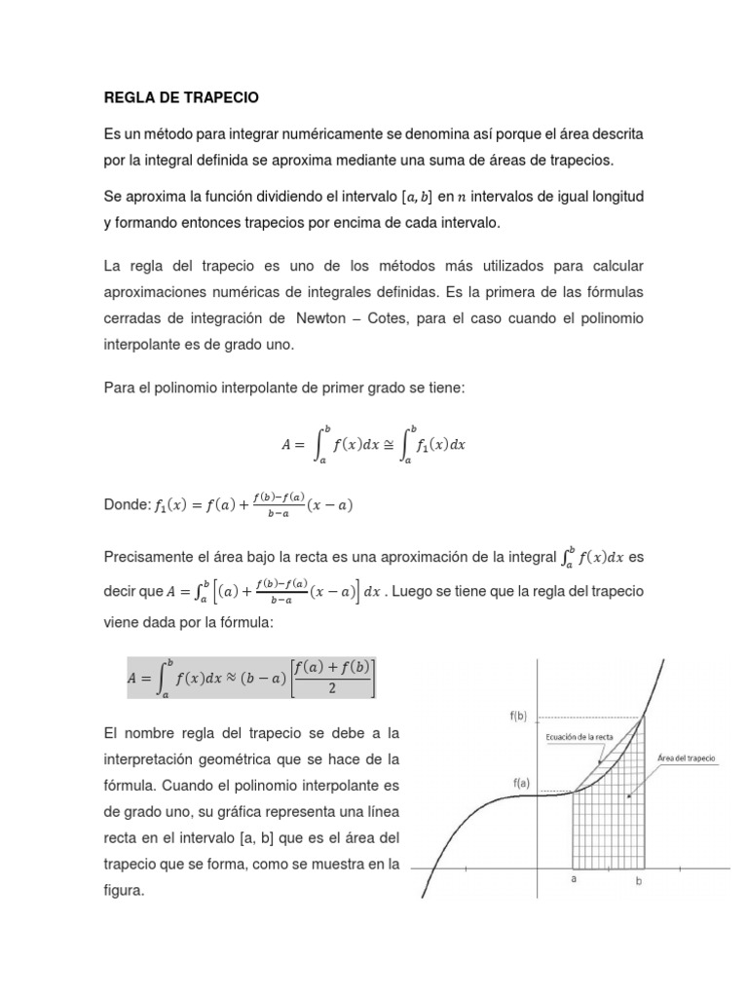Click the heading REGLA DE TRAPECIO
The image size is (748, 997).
pos(181,98)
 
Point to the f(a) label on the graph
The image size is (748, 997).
pos(517,783)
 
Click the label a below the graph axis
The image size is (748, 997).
pos(574,877)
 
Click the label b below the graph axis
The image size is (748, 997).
pos(639,882)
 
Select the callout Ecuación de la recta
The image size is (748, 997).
pos(579,736)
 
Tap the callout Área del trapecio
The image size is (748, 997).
pos(686,757)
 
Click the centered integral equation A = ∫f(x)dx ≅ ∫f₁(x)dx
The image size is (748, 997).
pos(374,444)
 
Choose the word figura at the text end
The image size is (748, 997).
pos(123,889)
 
